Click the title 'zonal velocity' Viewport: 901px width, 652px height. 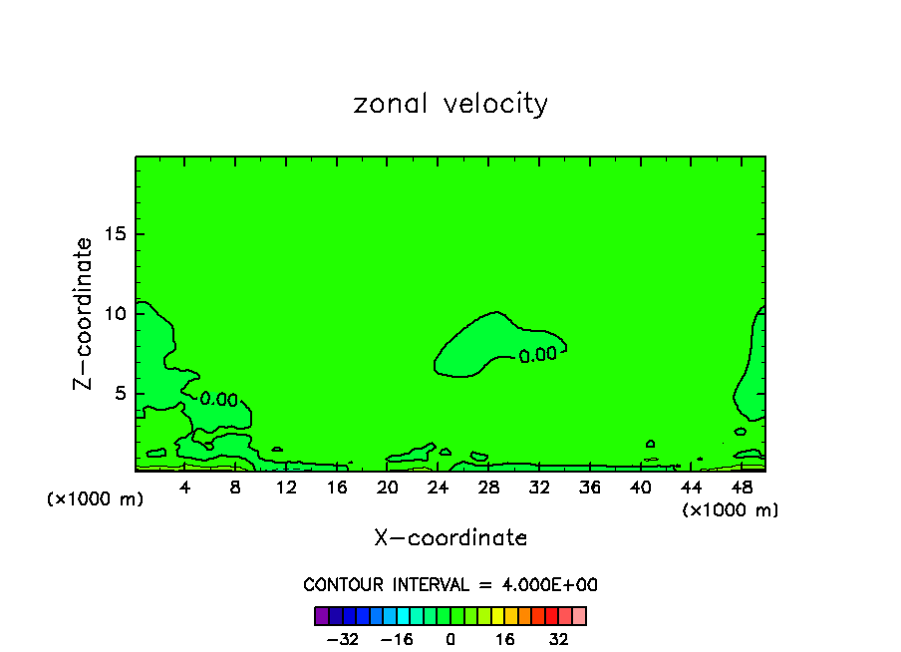pos(450,104)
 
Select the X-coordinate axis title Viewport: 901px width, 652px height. pos(450,538)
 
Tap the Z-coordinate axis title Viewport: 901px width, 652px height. pos(84,313)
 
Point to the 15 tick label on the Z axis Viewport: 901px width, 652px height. pos(114,235)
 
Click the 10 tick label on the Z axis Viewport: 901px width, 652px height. pos(114,314)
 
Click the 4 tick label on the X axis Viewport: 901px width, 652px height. pos(185,489)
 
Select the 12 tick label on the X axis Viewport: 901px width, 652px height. pos(286,489)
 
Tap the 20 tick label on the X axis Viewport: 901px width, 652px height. pos(388,489)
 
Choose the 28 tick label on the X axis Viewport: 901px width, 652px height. pos(488,489)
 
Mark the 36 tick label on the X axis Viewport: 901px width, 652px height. pos(590,489)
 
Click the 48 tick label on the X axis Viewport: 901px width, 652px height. pos(741,489)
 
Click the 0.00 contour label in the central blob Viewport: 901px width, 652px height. pos(538,354)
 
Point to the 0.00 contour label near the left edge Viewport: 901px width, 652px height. pos(218,400)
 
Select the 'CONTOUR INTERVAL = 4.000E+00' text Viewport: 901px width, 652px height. pos(450,585)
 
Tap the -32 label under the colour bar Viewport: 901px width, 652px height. pos(342,640)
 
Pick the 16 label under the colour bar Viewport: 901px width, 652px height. pos(505,640)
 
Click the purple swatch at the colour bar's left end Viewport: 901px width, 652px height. pos(321,616)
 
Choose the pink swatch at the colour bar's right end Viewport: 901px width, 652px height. pos(579,616)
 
